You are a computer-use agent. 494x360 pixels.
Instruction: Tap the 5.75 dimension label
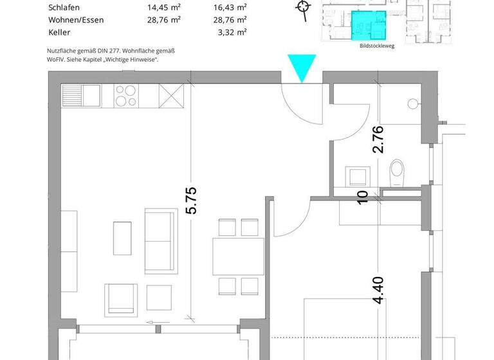pyautogui.click(x=191, y=200)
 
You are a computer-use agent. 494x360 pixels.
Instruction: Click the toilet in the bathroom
pyautogui.click(x=397, y=173)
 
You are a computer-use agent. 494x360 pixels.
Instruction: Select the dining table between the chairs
pyautogui.click(x=239, y=256)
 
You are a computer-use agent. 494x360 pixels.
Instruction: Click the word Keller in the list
pyautogui.click(x=60, y=32)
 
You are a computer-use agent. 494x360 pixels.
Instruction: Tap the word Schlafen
pyautogui.click(x=64, y=8)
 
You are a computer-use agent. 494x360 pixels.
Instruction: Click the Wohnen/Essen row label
pyautogui.click(x=76, y=20)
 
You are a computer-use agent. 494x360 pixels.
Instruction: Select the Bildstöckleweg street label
pyautogui.click(x=376, y=46)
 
